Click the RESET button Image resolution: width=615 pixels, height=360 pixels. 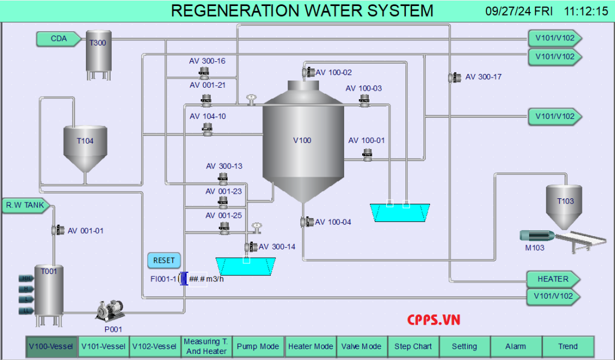click(x=163, y=260)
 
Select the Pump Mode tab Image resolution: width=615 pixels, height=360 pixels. click(x=258, y=346)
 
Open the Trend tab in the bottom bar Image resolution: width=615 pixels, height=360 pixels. click(x=568, y=346)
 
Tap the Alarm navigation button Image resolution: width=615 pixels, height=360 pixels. click(x=515, y=346)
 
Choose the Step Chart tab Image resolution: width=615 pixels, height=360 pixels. click(x=413, y=346)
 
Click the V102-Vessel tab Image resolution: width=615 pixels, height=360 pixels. click(x=154, y=346)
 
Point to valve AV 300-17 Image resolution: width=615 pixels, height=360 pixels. click(x=452, y=78)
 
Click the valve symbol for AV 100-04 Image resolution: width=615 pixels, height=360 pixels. click(x=304, y=222)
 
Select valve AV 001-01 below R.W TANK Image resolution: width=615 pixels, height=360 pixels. click(x=56, y=230)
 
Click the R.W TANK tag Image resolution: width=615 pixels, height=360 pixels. click(x=25, y=206)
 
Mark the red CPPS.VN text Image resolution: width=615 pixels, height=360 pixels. click(x=434, y=320)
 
